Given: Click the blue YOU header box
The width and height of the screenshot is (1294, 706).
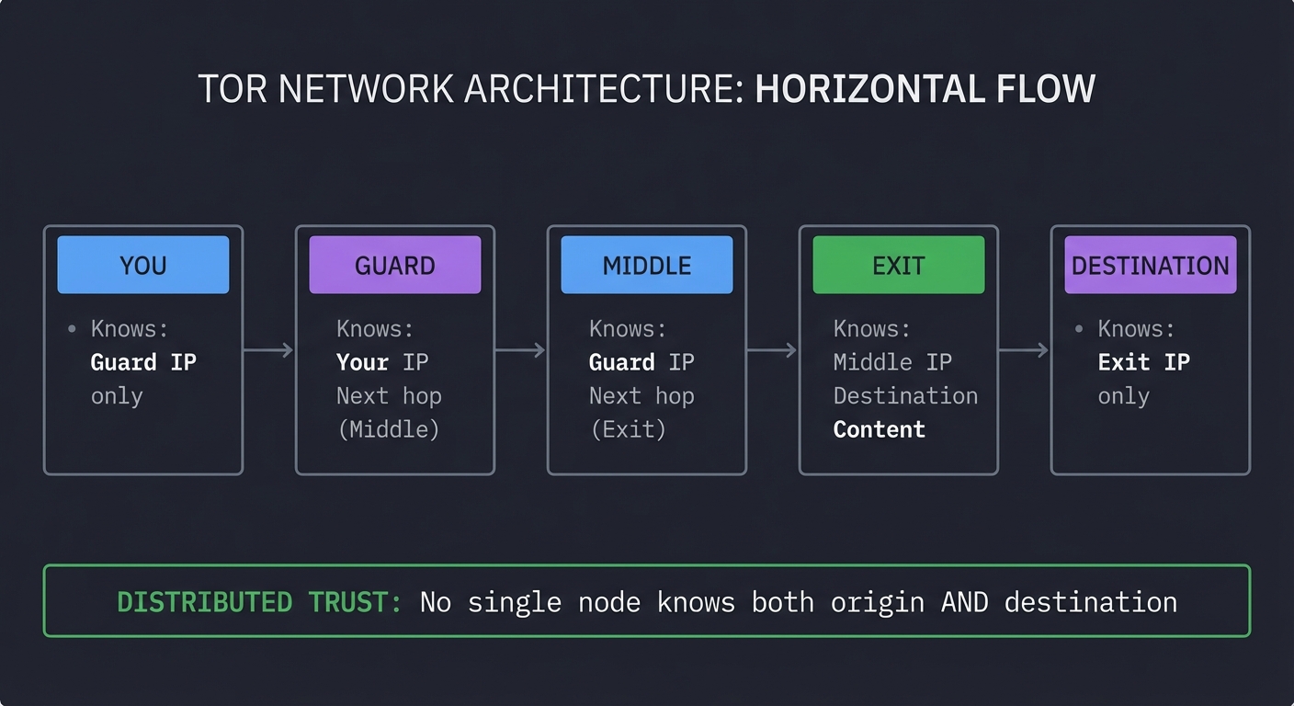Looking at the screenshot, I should pos(142,265).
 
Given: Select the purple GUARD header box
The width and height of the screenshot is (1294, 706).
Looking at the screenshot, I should pos(394,265).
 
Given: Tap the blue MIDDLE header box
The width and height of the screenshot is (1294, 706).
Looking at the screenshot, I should pos(646,265).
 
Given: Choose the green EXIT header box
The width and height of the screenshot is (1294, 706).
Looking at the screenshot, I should pos(898,265).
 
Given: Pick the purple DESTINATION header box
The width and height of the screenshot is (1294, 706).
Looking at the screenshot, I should pos(1150,265).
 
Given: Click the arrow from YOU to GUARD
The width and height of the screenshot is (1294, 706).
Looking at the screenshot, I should pos(268,350).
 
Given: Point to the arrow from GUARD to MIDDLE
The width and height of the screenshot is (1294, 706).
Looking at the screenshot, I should pos(520,350).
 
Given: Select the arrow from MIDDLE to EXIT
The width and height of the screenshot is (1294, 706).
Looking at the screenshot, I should pos(772,350).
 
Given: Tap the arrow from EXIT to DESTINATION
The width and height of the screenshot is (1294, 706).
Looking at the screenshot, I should pos(1024,350).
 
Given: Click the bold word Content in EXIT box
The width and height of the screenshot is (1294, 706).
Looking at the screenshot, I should pos(879,429).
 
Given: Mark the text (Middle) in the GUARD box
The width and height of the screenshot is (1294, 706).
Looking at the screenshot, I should pos(388,429).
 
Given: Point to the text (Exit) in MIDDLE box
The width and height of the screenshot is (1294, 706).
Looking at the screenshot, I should pos(628,429).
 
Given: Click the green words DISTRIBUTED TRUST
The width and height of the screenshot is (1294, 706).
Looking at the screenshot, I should pos(259,602).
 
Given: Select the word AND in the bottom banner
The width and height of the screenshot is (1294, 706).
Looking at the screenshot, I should pos(964,602).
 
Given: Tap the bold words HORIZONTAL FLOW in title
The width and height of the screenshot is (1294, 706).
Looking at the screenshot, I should pos(925,89).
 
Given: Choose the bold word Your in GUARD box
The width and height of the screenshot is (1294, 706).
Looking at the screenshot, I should pos(362,362).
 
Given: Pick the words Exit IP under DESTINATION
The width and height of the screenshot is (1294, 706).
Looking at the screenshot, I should pos(1143,362).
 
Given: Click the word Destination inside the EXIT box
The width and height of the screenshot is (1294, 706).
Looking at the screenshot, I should pos(905,396).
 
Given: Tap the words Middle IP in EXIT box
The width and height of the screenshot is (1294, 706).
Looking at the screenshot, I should pos(892,362).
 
